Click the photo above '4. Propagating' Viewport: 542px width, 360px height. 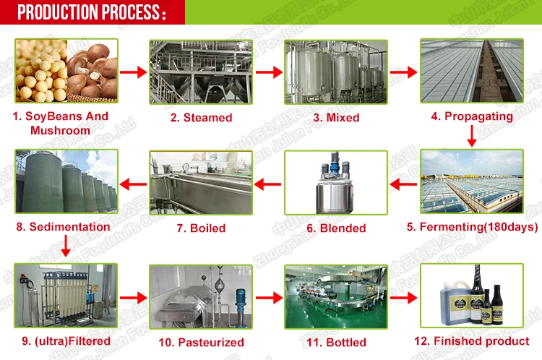(x=472, y=70)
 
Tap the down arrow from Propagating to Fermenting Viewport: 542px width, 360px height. (x=471, y=134)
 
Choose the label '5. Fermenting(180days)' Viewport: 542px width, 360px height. (x=472, y=227)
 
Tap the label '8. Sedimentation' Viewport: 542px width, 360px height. (x=63, y=227)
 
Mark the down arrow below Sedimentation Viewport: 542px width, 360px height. (x=64, y=247)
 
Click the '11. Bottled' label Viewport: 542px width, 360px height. (x=336, y=341)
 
